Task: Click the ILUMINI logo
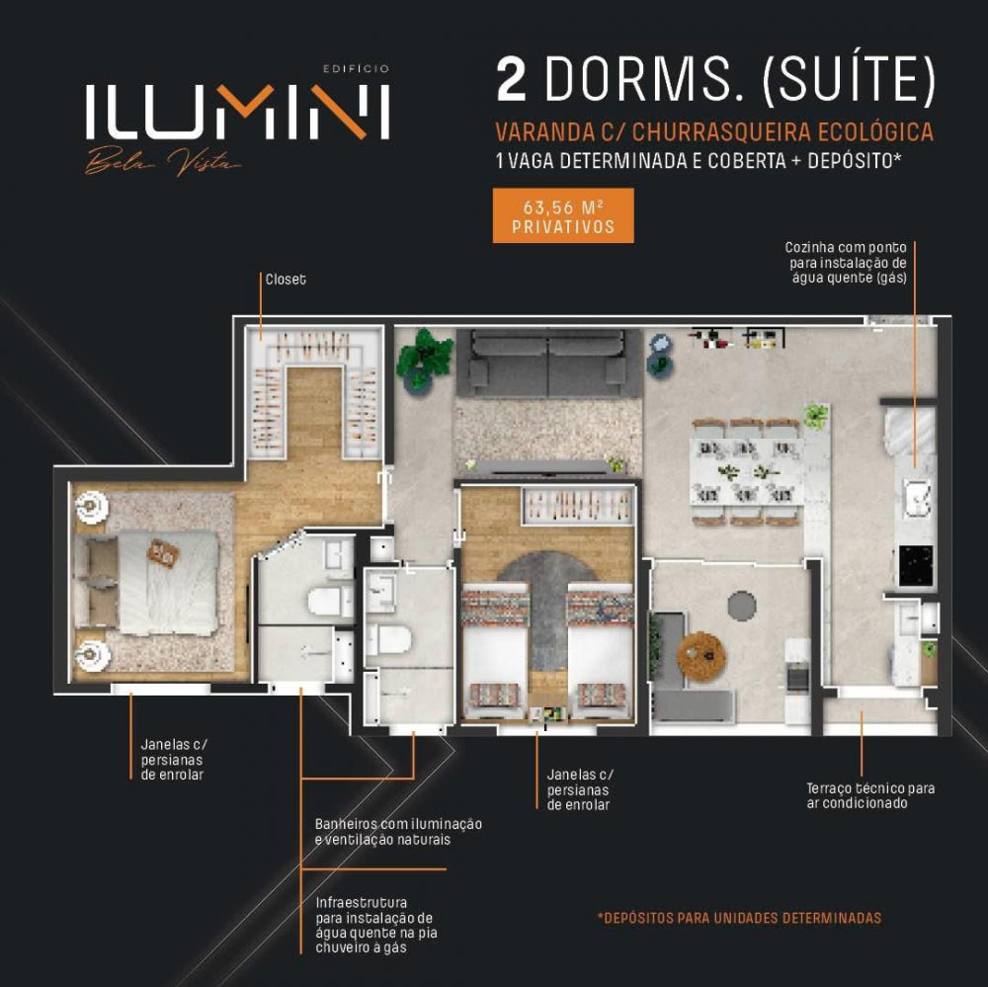(237, 112)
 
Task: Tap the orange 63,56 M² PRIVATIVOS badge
(563, 215)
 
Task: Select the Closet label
(286, 280)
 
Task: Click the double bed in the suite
(147, 582)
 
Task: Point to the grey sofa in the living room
(548, 364)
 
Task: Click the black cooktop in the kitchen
(916, 565)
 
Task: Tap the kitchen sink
(916, 498)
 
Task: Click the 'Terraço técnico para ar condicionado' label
(870, 795)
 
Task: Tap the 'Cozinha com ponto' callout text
(846, 248)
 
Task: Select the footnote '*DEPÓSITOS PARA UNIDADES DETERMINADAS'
(740, 918)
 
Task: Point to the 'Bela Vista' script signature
(163, 162)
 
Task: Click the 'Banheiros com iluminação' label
(398, 824)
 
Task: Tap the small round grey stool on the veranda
(742, 605)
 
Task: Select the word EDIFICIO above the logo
(357, 69)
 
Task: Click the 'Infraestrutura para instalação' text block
(376, 925)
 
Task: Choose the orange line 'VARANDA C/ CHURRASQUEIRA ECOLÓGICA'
(714, 132)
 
